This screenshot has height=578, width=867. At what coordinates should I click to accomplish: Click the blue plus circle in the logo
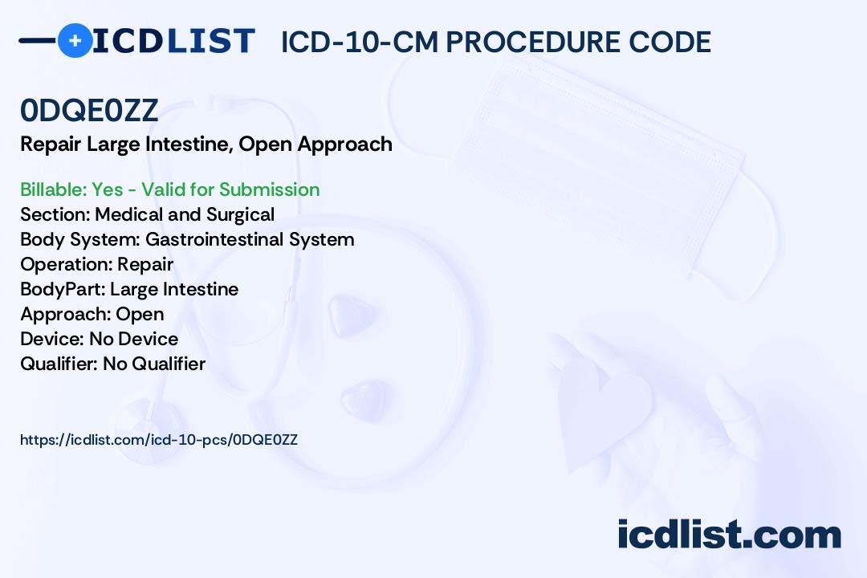click(75, 40)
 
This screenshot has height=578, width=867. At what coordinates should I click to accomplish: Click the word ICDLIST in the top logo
click(173, 41)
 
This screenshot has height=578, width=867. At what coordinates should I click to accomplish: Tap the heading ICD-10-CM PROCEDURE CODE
click(496, 42)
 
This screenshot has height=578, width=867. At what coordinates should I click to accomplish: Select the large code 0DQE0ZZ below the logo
click(89, 110)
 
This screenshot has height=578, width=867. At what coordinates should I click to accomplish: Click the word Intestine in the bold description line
click(189, 144)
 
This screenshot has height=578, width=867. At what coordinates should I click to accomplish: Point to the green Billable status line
click(169, 189)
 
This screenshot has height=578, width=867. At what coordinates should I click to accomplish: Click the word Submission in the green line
click(269, 189)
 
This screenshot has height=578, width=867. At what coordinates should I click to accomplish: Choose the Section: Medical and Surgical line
click(147, 214)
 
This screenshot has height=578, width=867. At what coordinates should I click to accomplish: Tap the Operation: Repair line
click(97, 264)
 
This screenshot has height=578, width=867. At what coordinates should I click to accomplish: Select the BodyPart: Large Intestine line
click(129, 289)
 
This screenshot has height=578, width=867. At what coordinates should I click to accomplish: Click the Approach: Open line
click(92, 314)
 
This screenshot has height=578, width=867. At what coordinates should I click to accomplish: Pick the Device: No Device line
click(99, 339)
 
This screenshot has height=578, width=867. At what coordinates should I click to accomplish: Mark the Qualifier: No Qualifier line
click(113, 364)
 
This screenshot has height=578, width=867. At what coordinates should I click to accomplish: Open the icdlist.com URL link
click(159, 440)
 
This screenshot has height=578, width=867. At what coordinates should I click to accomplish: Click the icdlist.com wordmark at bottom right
click(729, 535)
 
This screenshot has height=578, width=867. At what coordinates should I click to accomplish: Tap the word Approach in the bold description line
click(344, 144)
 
